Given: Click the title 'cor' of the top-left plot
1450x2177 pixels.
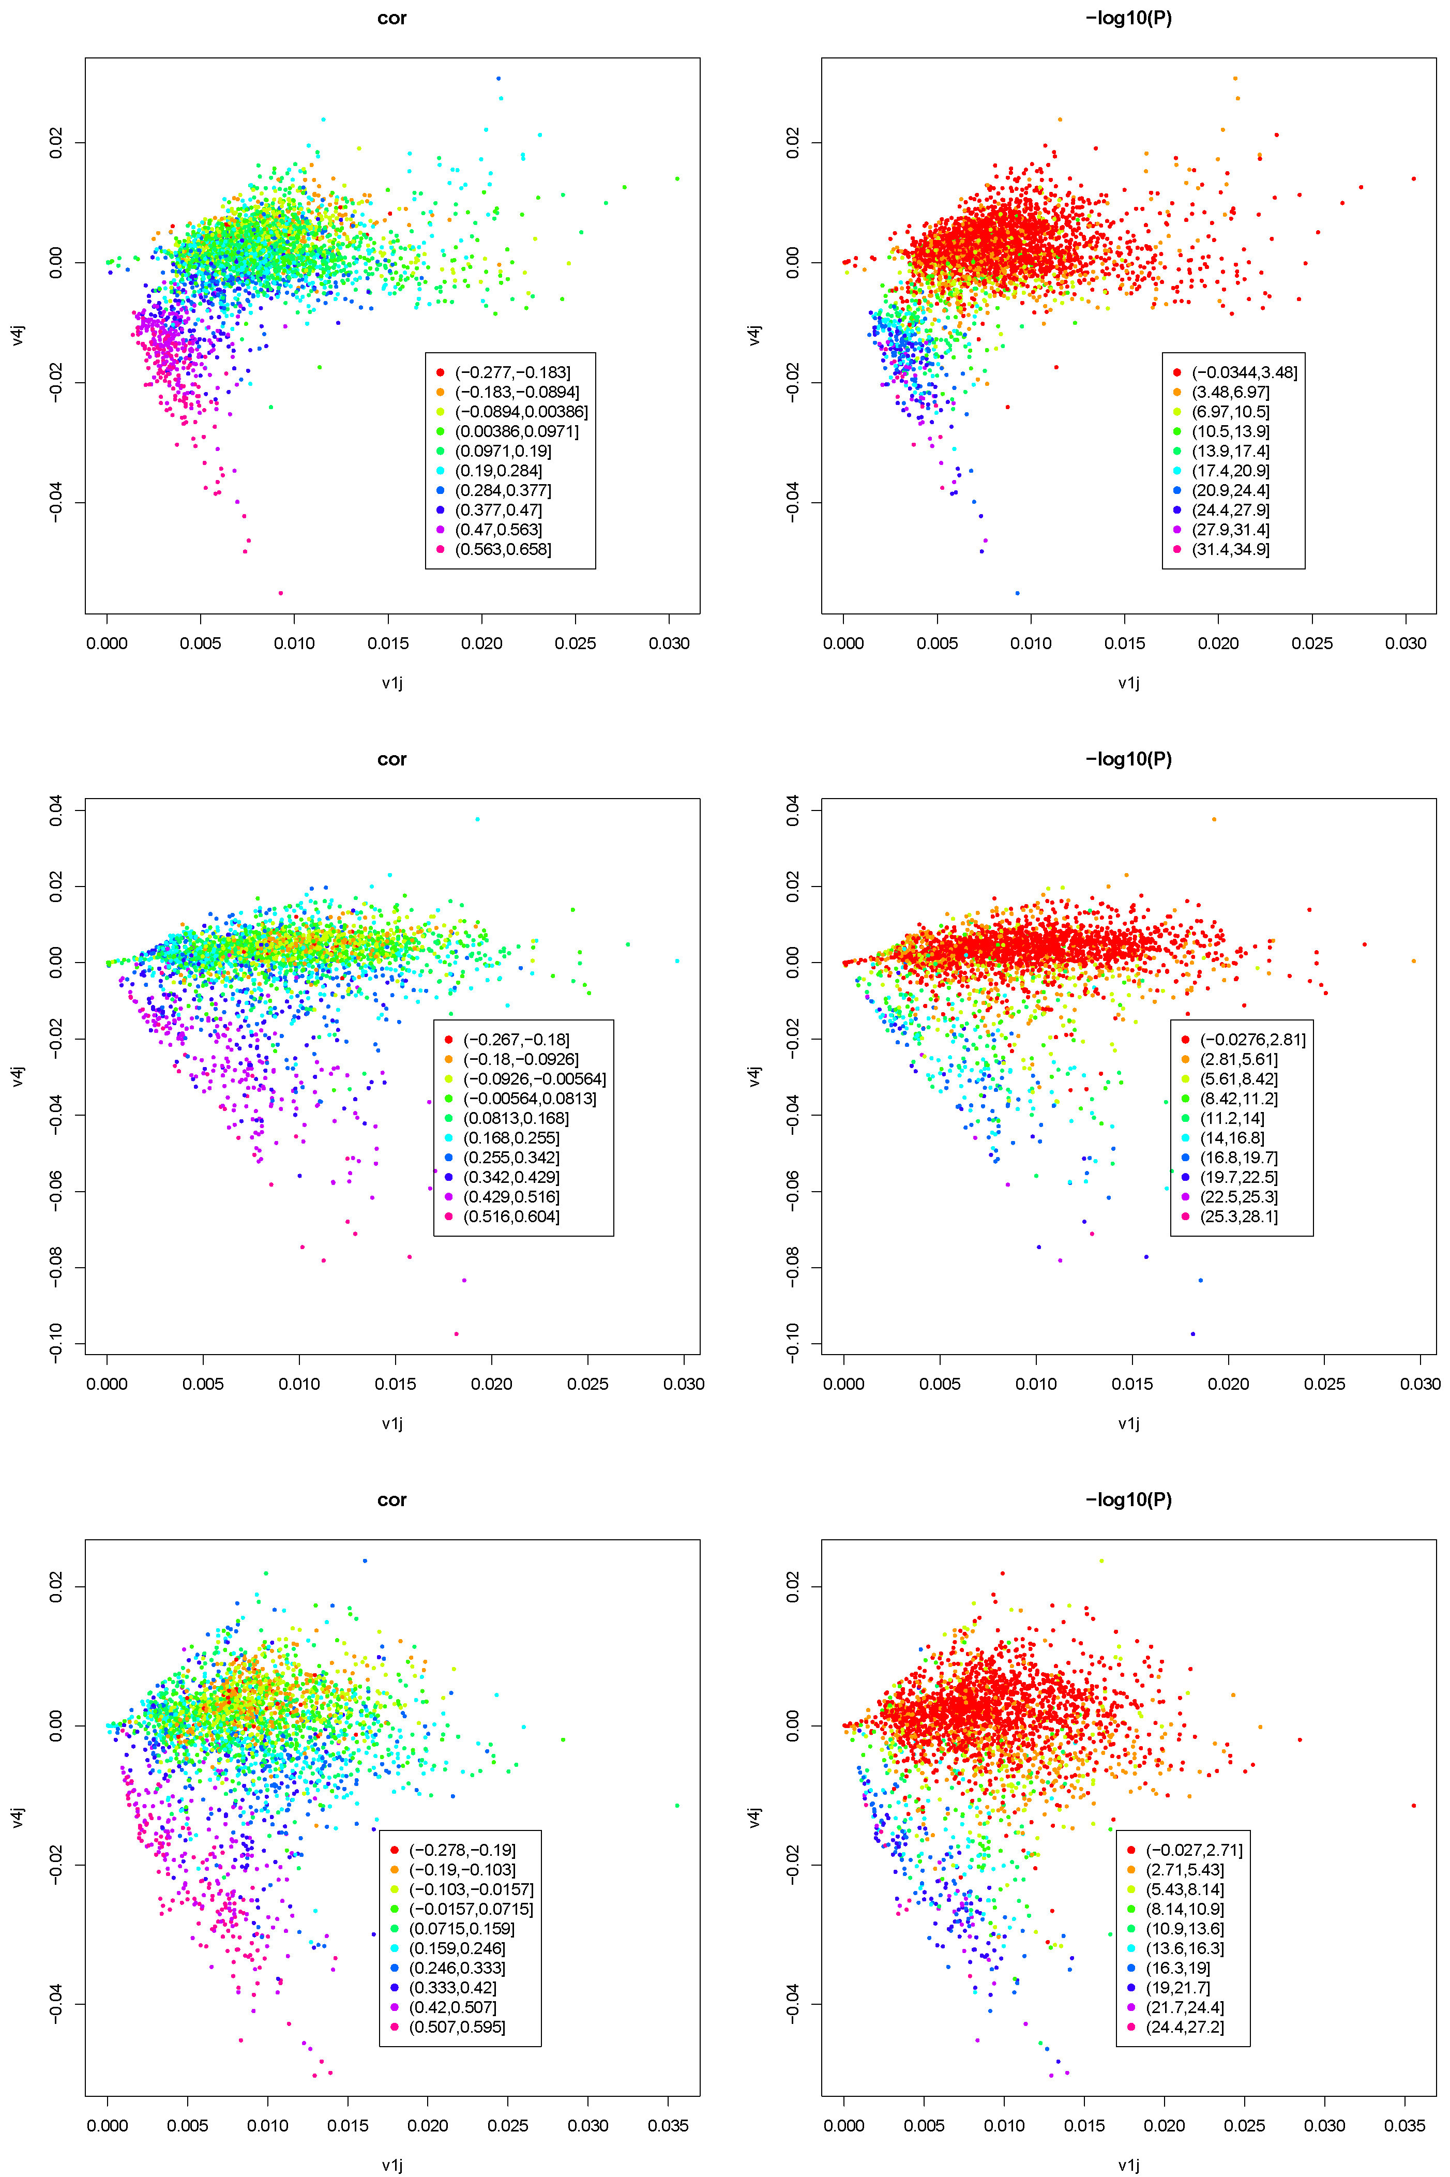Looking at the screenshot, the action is pos(392,19).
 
